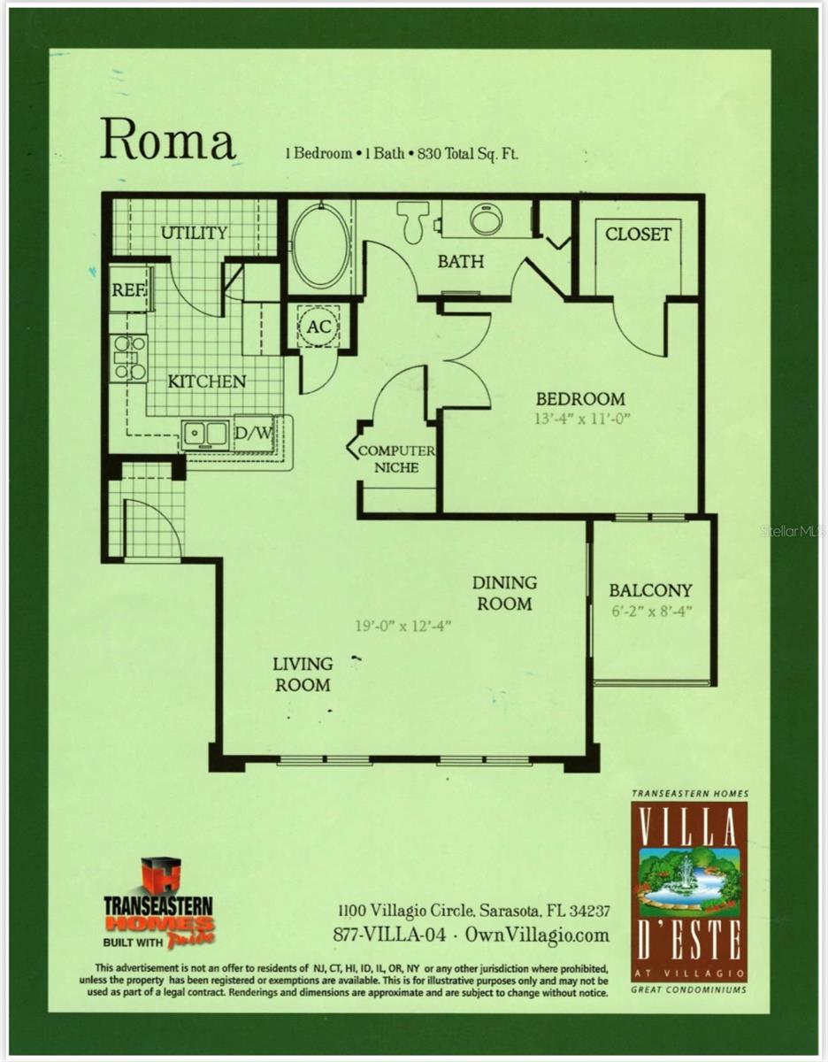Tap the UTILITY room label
194,234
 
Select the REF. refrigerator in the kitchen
128,290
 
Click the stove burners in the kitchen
129,358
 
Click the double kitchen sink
205,435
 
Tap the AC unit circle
318,326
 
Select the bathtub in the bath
320,245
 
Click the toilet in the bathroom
413,220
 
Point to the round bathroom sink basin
486,219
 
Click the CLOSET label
638,235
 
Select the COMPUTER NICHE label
395,458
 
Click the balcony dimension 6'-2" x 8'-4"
650,611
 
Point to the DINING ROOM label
504,593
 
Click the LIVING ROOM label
303,673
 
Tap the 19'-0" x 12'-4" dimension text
402,626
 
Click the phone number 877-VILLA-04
389,935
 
